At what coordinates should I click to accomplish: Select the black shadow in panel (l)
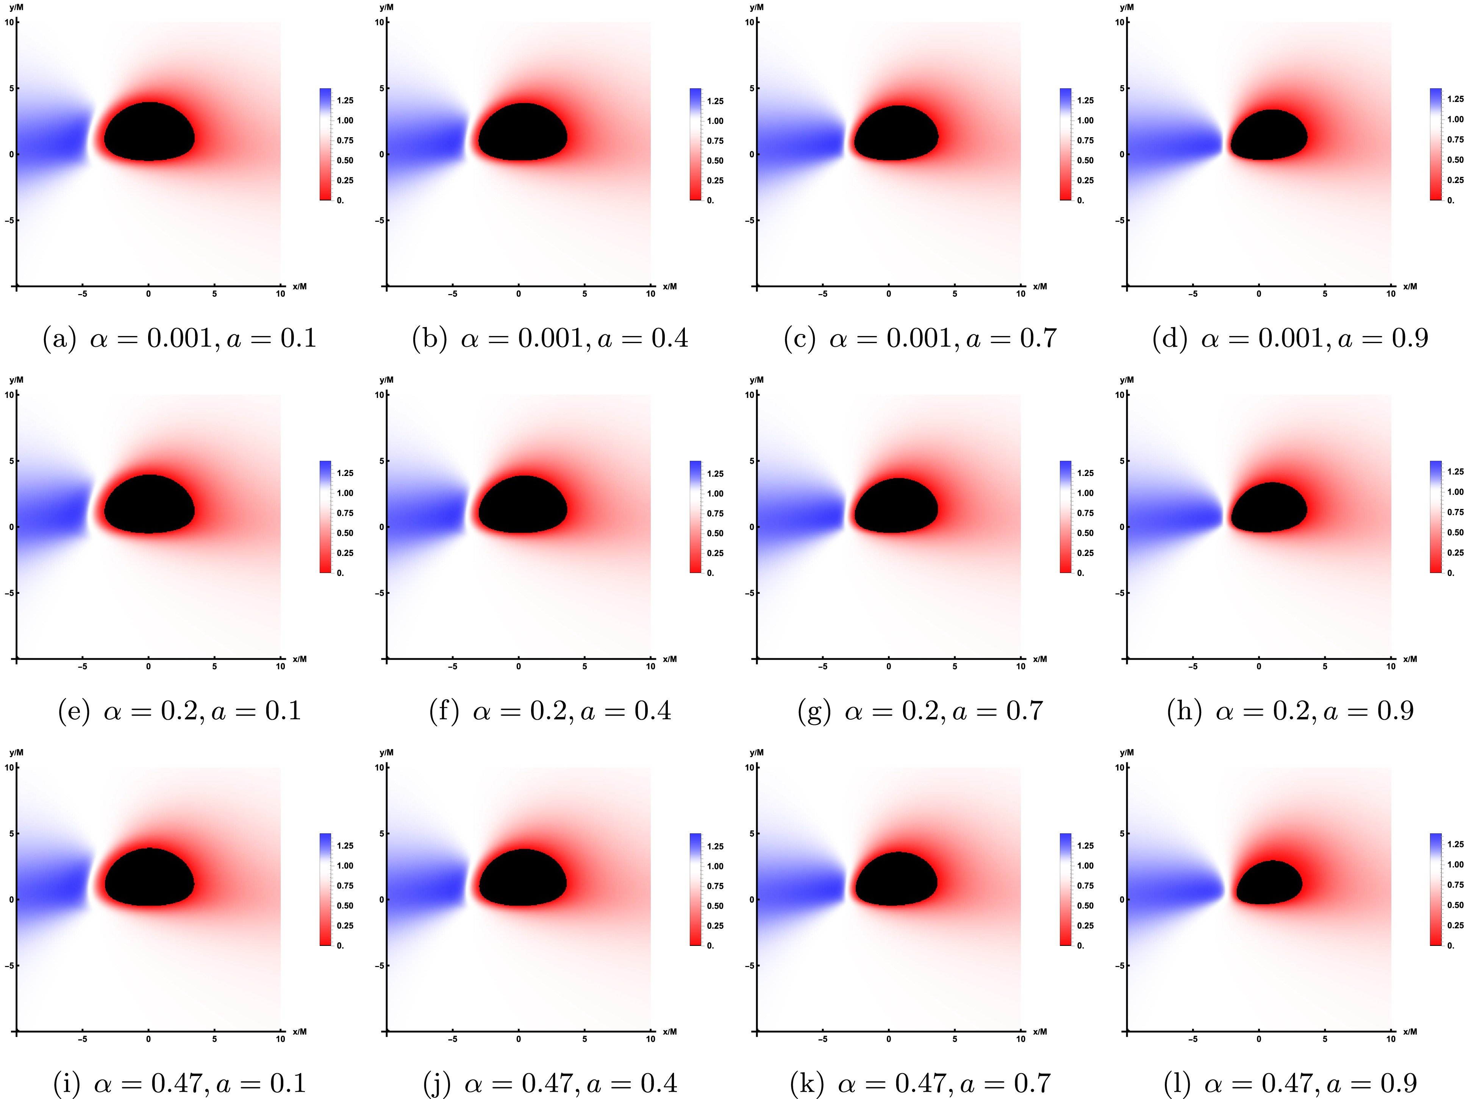coord(1269,882)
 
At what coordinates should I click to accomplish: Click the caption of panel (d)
coord(1290,338)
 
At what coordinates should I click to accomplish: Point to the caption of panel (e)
coord(180,711)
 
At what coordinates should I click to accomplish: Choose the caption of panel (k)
coord(920,1084)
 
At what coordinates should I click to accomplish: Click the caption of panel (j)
coord(550,1084)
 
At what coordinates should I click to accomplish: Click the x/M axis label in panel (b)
coord(669,286)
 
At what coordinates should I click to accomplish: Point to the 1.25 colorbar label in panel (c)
coord(1085,100)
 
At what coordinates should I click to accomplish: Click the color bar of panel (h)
coord(1436,516)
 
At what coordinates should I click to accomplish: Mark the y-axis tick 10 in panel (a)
coord(9,22)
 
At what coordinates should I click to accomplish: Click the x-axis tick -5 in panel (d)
coord(1193,294)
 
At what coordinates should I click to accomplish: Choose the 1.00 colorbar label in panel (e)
coord(345,493)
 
